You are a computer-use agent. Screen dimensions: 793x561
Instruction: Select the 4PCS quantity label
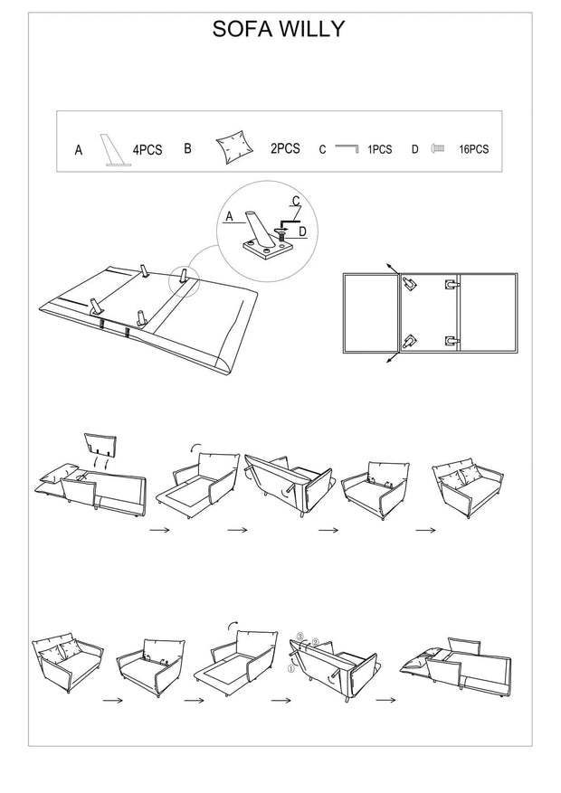click(x=147, y=151)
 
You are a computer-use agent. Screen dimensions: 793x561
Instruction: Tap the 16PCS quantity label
click(x=473, y=150)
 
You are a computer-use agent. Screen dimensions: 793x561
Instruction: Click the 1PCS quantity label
click(x=379, y=150)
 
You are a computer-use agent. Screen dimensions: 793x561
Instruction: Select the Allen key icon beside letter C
click(x=347, y=146)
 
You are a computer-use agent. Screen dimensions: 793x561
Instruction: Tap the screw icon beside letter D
click(x=438, y=147)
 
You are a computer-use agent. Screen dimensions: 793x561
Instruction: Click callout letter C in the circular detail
click(x=295, y=201)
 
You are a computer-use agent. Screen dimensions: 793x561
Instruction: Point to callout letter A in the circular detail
click(x=229, y=216)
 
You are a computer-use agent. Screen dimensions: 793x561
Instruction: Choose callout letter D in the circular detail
click(x=302, y=231)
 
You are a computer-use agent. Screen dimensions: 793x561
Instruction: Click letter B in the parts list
click(x=187, y=148)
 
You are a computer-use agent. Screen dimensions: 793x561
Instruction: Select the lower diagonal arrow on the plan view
click(x=390, y=359)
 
